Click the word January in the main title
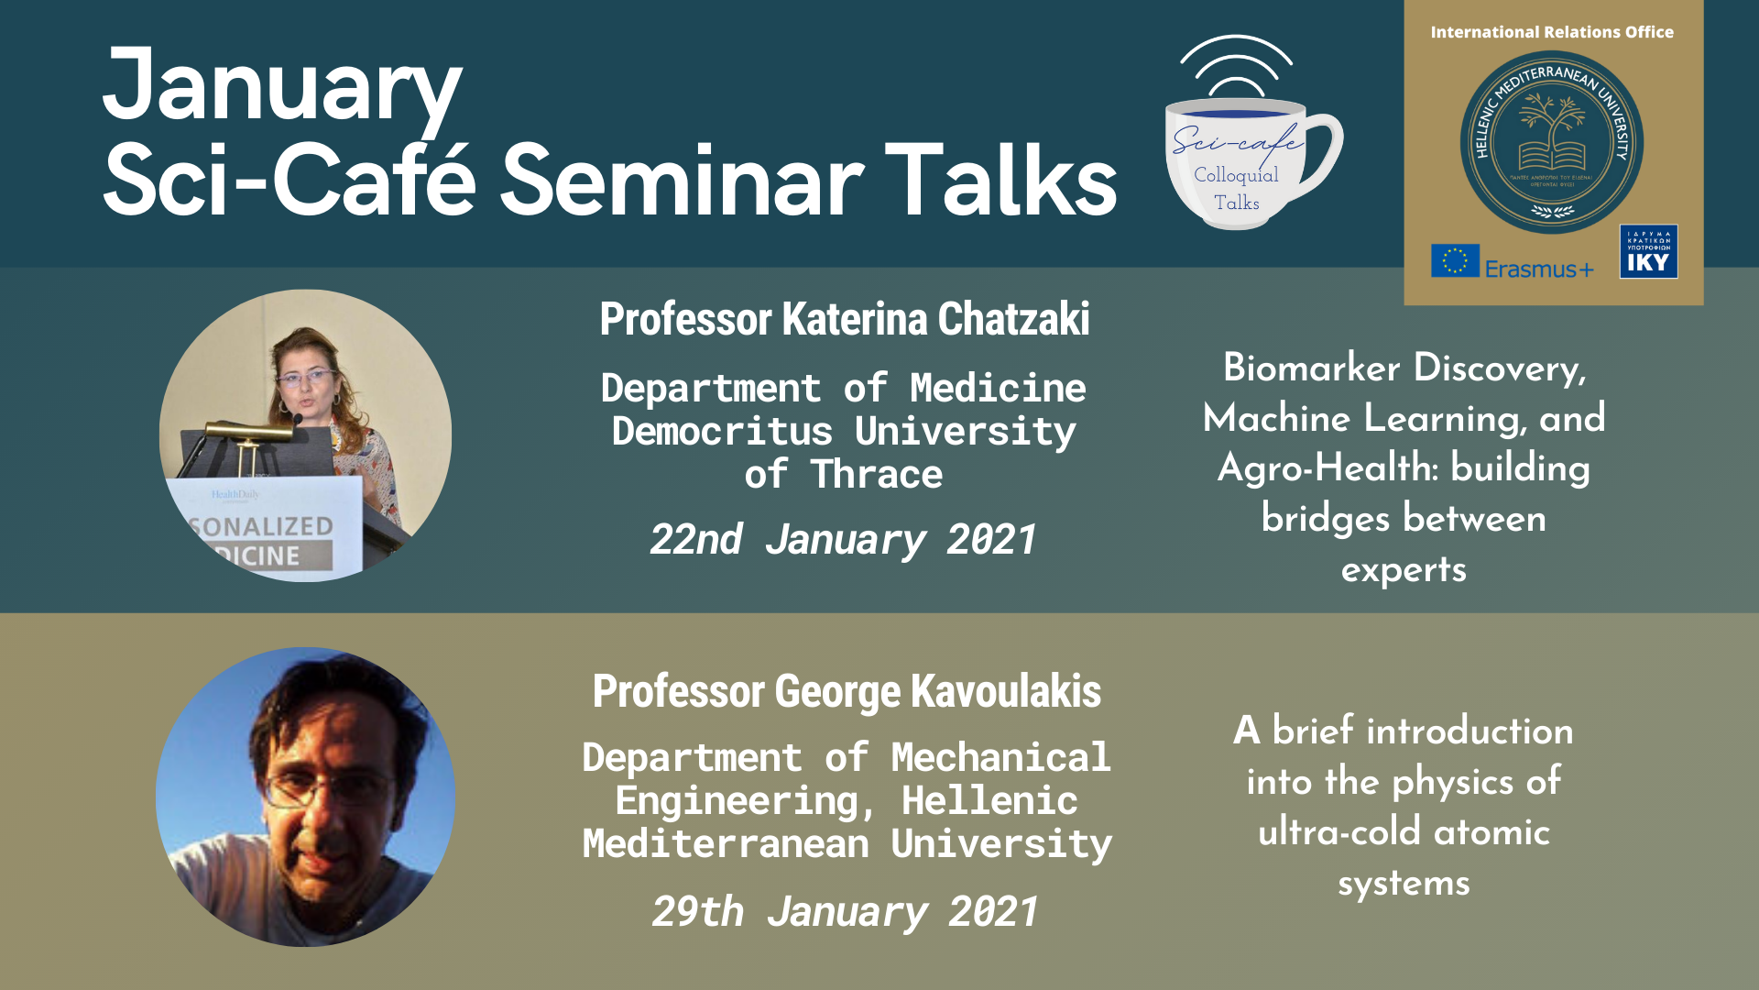click(x=282, y=88)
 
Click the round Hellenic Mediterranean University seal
click(x=1551, y=142)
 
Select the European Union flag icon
click(x=1455, y=260)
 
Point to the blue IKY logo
click(x=1648, y=251)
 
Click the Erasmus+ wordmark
click(x=1539, y=269)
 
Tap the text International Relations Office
click(x=1551, y=32)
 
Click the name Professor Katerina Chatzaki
click(x=844, y=319)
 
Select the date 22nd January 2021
click(x=843, y=539)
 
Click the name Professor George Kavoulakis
click(x=847, y=691)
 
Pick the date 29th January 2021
click(x=845, y=911)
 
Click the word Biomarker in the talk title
click(x=1311, y=368)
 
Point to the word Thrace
click(x=876, y=475)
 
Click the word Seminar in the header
click(x=682, y=181)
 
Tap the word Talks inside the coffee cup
click(x=1237, y=203)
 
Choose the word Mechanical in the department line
click(x=1000, y=758)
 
